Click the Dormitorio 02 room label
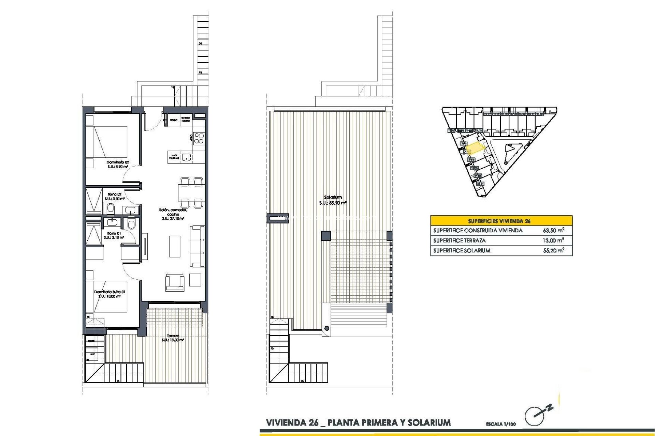click(118, 162)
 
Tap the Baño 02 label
click(114, 194)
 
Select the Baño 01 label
click(114, 233)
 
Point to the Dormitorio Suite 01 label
click(110, 292)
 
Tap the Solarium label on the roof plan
click(333, 197)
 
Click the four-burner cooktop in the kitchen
click(199, 138)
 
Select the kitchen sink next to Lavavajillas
click(186, 157)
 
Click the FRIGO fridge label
click(174, 120)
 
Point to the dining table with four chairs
click(191, 192)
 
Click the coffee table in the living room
click(175, 246)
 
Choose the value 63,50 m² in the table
click(553, 231)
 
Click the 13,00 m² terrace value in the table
click(553, 240)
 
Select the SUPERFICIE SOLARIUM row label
click(462, 251)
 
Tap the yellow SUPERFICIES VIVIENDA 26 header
click(501, 221)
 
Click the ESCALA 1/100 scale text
click(501, 424)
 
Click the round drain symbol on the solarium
click(327, 328)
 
